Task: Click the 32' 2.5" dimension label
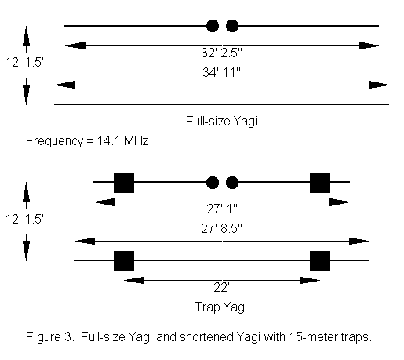pos(221,53)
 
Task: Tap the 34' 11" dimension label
pos(221,72)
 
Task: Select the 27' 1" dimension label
pos(222,209)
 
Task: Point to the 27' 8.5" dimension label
pos(221,228)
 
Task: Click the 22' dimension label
pos(221,288)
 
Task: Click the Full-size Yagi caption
pos(221,122)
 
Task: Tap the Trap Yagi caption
pos(221,307)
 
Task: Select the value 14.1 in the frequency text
pos(108,140)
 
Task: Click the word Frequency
pos(54,141)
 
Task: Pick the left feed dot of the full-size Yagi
pos(213,26)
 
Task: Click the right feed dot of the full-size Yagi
pos(232,26)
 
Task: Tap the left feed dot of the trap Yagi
pos(213,183)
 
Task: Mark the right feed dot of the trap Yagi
pos(232,183)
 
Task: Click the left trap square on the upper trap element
pos(124,183)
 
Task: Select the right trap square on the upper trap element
pos(320,183)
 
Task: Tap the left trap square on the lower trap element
pos(124,261)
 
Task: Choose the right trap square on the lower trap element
pos(320,261)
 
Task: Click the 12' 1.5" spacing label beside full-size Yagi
pos(26,63)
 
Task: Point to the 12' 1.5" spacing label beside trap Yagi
pos(26,219)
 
